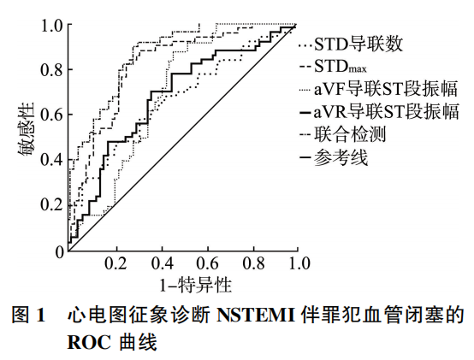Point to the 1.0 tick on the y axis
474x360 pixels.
(x=52, y=26)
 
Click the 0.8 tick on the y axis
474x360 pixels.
(x=52, y=70)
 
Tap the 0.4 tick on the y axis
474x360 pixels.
(x=52, y=160)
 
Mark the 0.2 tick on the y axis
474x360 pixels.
(x=52, y=205)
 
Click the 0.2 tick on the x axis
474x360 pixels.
(x=114, y=263)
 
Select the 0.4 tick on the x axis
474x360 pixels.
(x=160, y=263)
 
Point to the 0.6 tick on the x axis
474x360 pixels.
(x=205, y=263)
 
